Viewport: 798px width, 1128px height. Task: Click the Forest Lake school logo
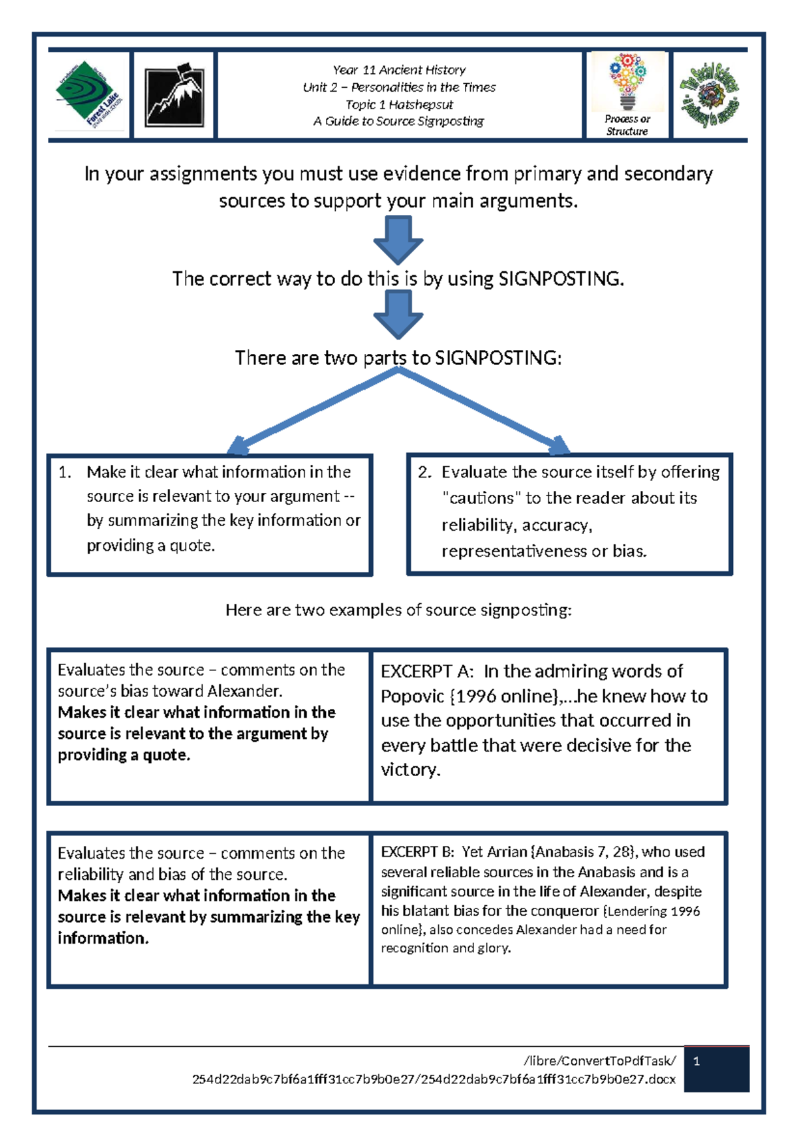point(89,95)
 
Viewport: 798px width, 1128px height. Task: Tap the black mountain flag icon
point(174,95)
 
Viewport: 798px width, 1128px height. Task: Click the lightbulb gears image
point(628,81)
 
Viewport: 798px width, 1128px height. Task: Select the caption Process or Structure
point(627,125)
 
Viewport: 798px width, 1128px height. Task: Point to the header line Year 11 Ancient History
point(399,70)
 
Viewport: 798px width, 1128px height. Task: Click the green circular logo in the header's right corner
point(709,95)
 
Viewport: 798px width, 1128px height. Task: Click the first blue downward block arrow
point(398,240)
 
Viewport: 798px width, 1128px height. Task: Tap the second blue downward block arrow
point(398,315)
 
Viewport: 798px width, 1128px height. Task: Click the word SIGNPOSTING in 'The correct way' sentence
point(560,279)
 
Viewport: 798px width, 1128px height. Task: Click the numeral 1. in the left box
point(65,472)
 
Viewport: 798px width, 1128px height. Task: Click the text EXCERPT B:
point(417,852)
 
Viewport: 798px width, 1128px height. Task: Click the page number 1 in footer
point(696,1061)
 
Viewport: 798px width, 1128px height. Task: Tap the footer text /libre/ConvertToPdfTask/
point(600,1061)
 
